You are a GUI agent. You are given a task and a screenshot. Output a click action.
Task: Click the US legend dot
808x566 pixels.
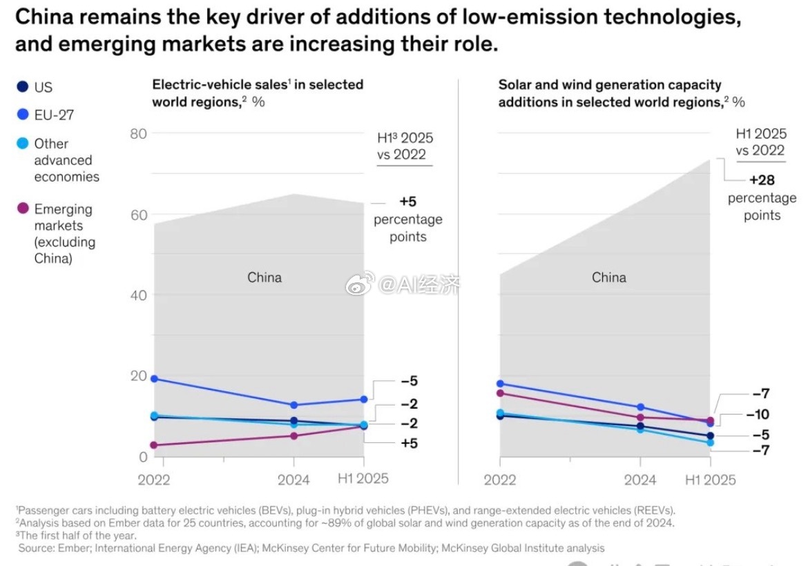pos(23,87)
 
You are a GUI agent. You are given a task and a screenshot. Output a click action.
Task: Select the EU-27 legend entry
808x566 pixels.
pos(44,115)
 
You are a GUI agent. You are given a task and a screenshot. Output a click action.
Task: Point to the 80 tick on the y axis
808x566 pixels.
pos(139,133)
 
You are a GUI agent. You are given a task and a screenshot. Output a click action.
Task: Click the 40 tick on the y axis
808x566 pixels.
pos(139,295)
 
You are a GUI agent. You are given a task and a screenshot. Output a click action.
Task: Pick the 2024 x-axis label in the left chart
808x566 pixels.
pos(294,479)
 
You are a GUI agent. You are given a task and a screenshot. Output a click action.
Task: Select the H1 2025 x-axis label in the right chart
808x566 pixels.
pos(711,479)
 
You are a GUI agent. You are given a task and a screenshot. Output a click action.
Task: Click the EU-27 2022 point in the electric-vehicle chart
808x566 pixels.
pos(154,378)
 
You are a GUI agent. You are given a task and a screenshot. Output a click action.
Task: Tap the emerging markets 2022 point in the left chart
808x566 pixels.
pos(154,445)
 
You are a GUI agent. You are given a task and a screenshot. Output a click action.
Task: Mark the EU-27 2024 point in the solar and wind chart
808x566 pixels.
pos(640,407)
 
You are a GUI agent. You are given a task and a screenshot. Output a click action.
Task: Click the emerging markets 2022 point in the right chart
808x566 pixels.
pos(500,393)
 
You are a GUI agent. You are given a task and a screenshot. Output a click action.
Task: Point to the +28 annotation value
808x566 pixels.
pos(762,180)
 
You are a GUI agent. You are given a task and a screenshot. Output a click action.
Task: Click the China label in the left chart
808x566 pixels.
pos(264,277)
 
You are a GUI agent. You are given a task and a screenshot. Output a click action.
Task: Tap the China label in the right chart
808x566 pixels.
pos(609,277)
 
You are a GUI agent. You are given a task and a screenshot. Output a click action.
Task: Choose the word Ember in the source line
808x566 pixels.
pos(72,548)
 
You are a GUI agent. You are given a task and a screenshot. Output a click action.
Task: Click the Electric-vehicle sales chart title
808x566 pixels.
pos(257,92)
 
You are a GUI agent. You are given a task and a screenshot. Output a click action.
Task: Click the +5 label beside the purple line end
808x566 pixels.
pos(409,443)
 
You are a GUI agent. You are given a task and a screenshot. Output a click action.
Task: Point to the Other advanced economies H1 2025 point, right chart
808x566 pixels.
pos(710,442)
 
